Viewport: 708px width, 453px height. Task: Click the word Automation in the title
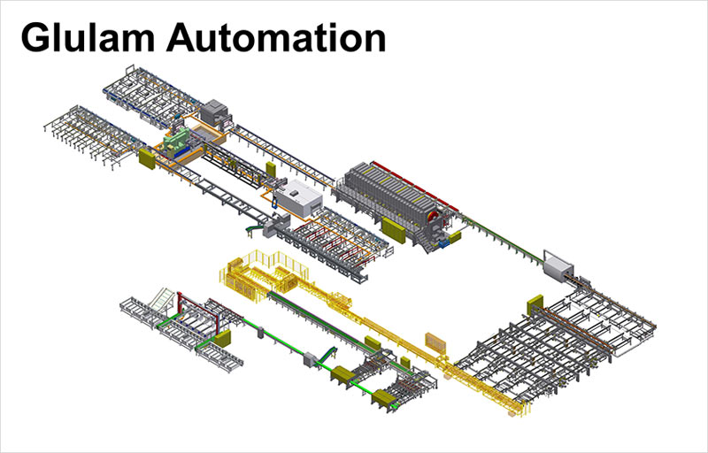pyautogui.click(x=276, y=38)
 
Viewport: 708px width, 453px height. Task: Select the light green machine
pyautogui.click(x=176, y=142)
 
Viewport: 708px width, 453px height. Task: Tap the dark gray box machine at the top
pyautogui.click(x=213, y=112)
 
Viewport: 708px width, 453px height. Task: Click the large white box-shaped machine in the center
pyautogui.click(x=298, y=197)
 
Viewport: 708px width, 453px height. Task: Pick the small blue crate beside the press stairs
pyautogui.click(x=443, y=243)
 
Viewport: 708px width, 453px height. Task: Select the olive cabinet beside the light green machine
pyautogui.click(x=147, y=159)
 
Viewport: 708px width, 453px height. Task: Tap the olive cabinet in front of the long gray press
pyautogui.click(x=393, y=230)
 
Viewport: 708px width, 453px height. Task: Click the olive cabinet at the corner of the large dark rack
pyautogui.click(x=535, y=305)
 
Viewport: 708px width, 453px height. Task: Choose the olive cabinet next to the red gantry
pyautogui.click(x=222, y=338)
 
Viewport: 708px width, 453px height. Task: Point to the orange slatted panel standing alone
pyautogui.click(x=435, y=343)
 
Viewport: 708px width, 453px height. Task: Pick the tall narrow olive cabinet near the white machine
pyautogui.click(x=271, y=170)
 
